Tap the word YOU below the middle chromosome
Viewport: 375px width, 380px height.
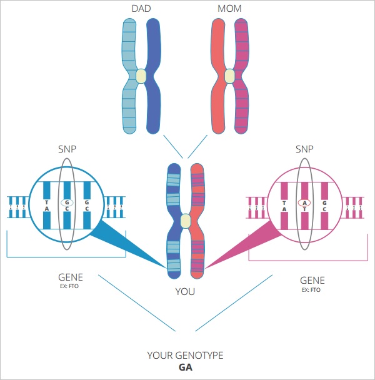pyautogui.click(x=185, y=291)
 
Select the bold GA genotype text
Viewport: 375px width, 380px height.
pyautogui.click(x=185, y=367)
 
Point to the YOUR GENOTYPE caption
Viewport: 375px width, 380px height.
pyautogui.click(x=185, y=356)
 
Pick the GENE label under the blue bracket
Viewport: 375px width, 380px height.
pyautogui.click(x=70, y=277)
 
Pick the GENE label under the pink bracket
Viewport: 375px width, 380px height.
pyautogui.click(x=312, y=281)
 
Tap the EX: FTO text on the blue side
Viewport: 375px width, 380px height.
pyautogui.click(x=70, y=286)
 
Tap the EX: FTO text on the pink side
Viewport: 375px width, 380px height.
pyautogui.click(x=312, y=290)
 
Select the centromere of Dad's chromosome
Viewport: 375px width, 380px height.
pyautogui.click(x=141, y=76)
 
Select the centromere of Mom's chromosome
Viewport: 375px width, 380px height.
pyautogui.click(x=230, y=76)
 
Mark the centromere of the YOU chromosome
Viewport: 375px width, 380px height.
pyautogui.click(x=185, y=221)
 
